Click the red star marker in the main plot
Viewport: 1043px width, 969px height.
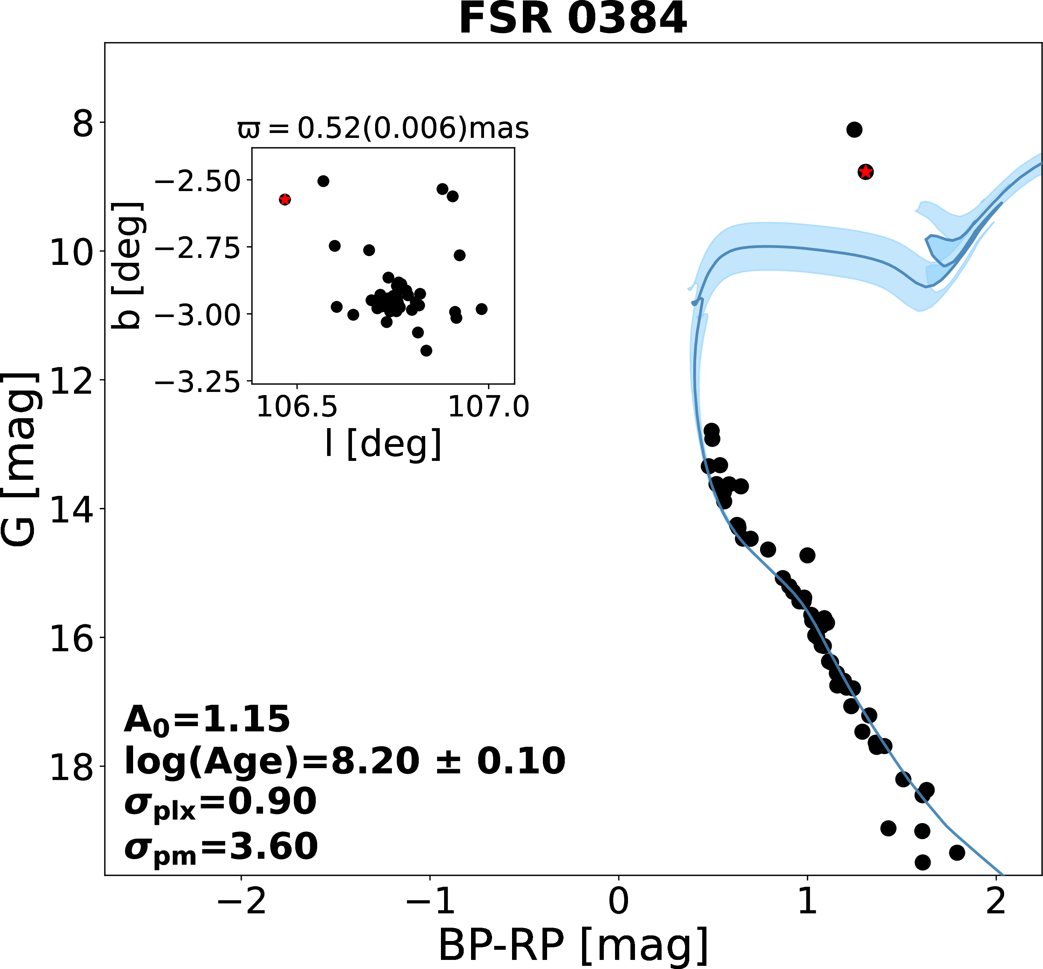pyautogui.click(x=866, y=171)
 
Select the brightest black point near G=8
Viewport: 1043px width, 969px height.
pyautogui.click(x=854, y=129)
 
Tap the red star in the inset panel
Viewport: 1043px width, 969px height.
pyautogui.click(x=285, y=199)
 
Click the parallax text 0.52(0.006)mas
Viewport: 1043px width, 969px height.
pyautogui.click(x=383, y=128)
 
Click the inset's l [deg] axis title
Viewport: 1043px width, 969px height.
pyautogui.click(x=383, y=444)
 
